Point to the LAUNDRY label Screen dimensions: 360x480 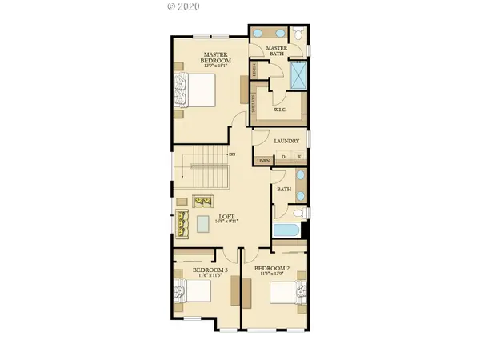(x=286, y=142)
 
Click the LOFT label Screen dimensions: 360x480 (x=227, y=215)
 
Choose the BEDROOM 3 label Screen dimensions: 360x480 (x=210, y=270)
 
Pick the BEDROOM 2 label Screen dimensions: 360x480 (x=271, y=269)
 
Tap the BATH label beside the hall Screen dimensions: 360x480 (x=283, y=190)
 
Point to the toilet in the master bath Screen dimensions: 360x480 (x=297, y=34)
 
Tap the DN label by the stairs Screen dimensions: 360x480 (x=232, y=154)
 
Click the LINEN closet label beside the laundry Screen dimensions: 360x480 (x=262, y=160)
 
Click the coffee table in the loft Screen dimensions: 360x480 (x=203, y=222)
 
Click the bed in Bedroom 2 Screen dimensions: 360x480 (x=285, y=294)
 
